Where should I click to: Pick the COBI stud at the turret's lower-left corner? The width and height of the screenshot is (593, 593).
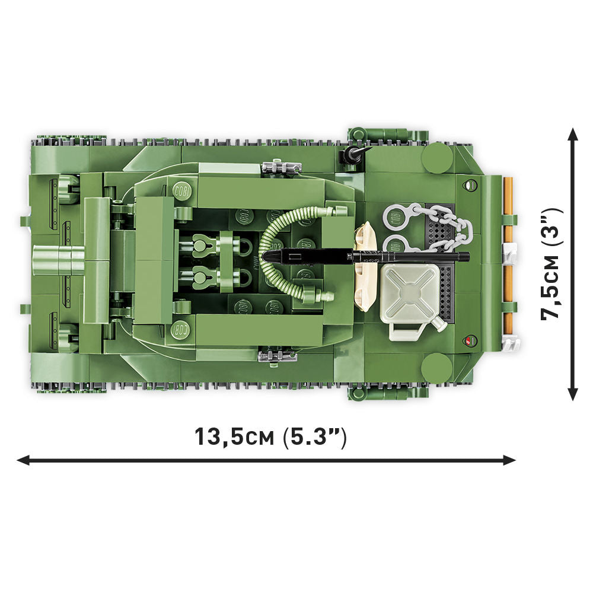point(181,328)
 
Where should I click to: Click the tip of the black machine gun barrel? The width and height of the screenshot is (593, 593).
point(266,256)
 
